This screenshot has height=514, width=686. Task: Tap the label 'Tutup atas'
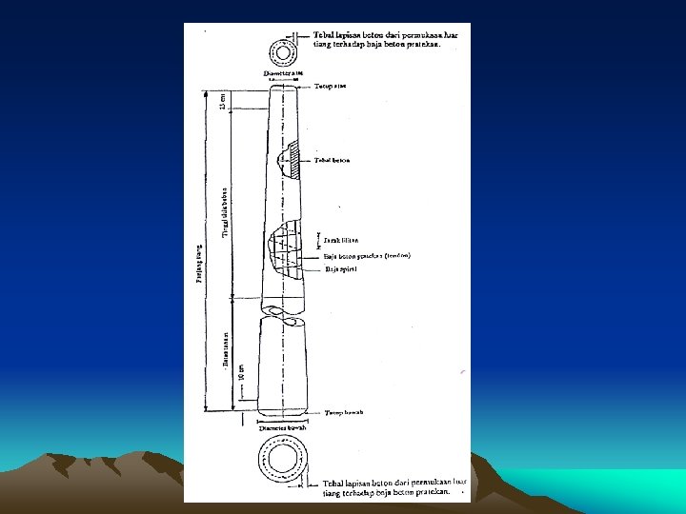click(x=330, y=87)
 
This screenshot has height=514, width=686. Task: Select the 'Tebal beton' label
click(x=332, y=160)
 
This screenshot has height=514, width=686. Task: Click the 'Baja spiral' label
click(x=340, y=269)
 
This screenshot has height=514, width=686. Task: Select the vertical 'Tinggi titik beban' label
click(x=225, y=209)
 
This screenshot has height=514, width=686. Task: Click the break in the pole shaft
click(x=282, y=311)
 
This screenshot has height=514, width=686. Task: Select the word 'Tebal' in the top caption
click(x=325, y=35)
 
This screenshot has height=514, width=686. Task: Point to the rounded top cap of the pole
click(x=283, y=87)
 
